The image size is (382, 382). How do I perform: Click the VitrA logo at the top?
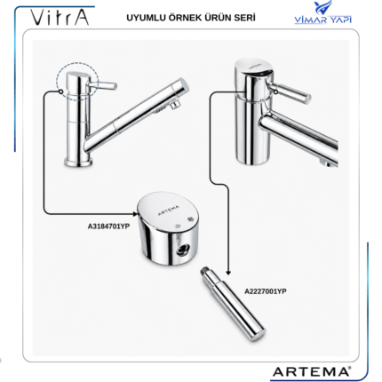(x=60, y=18)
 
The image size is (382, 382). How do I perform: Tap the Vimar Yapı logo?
(x=322, y=12)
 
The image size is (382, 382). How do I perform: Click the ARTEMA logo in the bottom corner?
(x=312, y=371)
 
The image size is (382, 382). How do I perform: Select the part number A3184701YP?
(x=108, y=227)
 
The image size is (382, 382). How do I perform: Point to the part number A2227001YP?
(x=266, y=291)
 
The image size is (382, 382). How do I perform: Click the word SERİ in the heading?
(x=245, y=18)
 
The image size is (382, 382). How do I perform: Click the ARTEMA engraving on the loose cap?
(x=168, y=211)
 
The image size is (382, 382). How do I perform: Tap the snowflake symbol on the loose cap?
(x=189, y=219)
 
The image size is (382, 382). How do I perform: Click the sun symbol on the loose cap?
(x=178, y=227)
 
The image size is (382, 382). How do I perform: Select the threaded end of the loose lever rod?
(x=204, y=272)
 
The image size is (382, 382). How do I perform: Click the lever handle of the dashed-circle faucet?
(x=102, y=85)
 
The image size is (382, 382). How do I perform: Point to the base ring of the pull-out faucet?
(x=78, y=163)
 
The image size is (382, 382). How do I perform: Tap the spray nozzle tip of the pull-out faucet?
(x=175, y=105)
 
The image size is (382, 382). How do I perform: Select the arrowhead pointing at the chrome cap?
(x=135, y=213)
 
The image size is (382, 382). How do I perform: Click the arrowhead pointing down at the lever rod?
(x=228, y=273)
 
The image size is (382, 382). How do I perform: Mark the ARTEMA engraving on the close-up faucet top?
(x=255, y=66)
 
